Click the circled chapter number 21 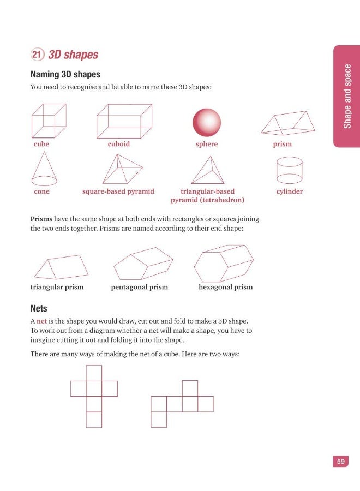(x=38, y=55)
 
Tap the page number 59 (x=340, y=462)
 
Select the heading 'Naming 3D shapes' (x=65, y=74)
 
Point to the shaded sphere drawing (x=207, y=122)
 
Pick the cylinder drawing (x=289, y=170)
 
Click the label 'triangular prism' (x=57, y=287)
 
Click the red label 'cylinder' (x=289, y=191)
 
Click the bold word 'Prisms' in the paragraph (x=41, y=219)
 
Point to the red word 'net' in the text (x=42, y=321)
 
